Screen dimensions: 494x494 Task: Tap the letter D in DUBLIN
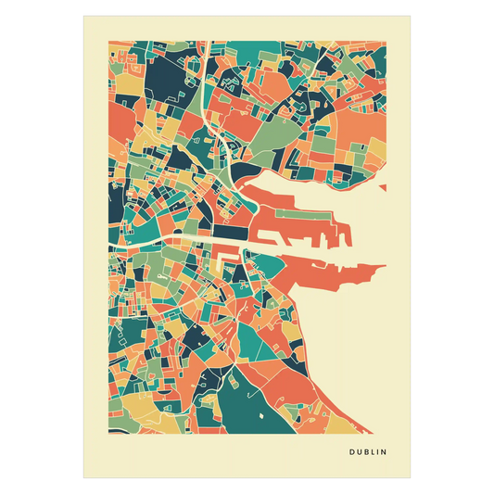352,453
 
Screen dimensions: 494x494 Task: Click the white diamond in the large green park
261,413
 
